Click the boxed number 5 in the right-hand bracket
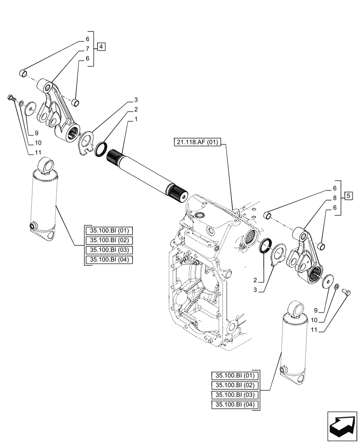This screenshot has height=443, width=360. [x=348, y=195]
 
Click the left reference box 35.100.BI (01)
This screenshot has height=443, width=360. [x=108, y=230]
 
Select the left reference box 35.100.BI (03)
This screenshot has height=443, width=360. [x=108, y=250]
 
